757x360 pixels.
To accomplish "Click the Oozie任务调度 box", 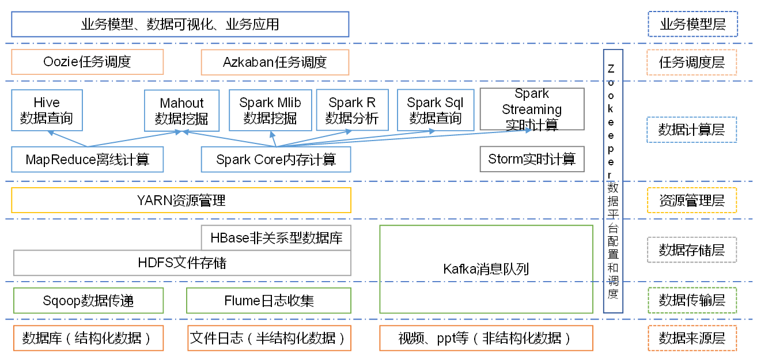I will tap(88, 62).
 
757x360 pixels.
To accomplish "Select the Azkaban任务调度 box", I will tap(275, 62).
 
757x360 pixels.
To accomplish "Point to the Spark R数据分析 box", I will tap(352, 109).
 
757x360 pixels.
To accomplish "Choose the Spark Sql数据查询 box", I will tap(435, 109).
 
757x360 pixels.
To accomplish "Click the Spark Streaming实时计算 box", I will tap(532, 109).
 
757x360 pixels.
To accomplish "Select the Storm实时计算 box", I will tap(532, 159).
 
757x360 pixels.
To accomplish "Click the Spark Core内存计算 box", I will tap(276, 159).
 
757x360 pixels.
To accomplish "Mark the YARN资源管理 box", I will tap(181, 200).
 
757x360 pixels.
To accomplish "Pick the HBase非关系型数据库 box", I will tap(276, 238).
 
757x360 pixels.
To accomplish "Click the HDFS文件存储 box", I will tap(182, 263).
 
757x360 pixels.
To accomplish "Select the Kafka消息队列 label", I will tap(486, 268).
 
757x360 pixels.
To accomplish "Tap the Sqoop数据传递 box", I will tap(88, 300).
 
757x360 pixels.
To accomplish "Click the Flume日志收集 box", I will tap(268, 300).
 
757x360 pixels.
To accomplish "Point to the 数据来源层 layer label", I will tap(692, 338).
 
